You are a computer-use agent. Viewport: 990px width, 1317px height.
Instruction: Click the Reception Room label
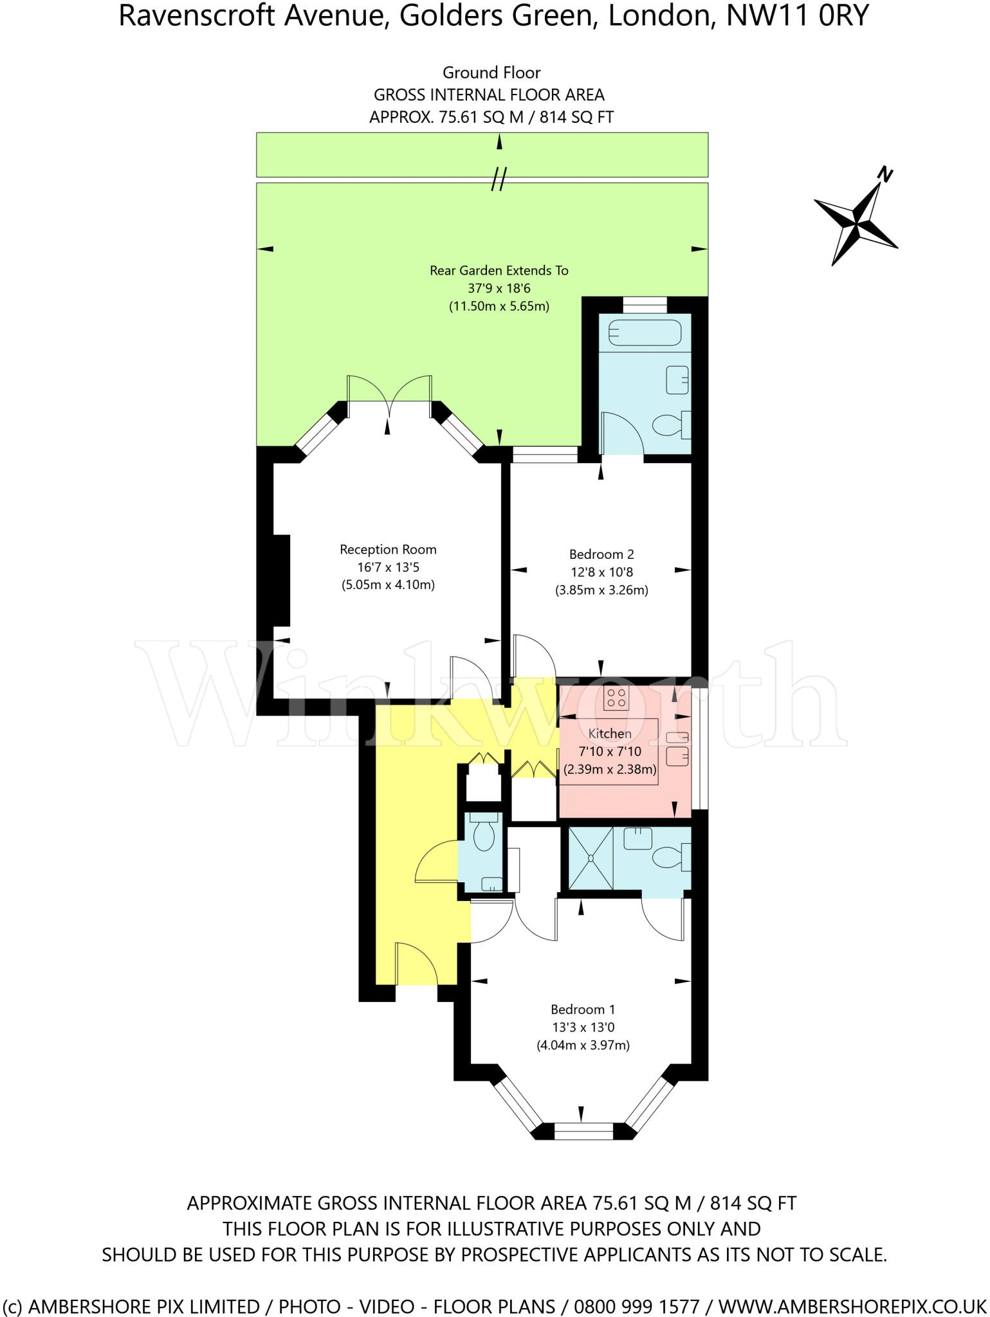[x=388, y=549]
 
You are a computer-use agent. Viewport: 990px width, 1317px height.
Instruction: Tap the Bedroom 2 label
[x=601, y=554]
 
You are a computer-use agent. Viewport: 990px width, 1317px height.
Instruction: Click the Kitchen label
[x=610, y=733]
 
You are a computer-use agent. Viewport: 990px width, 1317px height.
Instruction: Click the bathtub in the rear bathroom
[x=645, y=333]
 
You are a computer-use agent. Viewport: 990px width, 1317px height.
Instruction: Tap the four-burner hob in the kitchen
[x=616, y=698]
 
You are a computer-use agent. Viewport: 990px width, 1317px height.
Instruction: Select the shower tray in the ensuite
[x=591, y=858]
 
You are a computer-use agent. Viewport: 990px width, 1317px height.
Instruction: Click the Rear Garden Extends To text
[x=499, y=271]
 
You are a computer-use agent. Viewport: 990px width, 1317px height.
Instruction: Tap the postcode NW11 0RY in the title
[x=798, y=16]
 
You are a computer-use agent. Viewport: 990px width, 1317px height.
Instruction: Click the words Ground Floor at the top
[x=491, y=73]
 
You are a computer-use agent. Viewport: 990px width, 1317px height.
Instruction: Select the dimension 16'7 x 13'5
[x=388, y=567]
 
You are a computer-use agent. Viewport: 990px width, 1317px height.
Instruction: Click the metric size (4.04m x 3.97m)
[x=583, y=1045]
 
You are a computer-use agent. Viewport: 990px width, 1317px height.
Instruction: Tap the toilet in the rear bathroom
[x=671, y=424]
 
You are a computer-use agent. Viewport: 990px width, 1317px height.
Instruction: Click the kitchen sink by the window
[x=677, y=748]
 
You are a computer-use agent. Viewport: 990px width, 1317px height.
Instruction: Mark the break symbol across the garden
[x=499, y=179]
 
